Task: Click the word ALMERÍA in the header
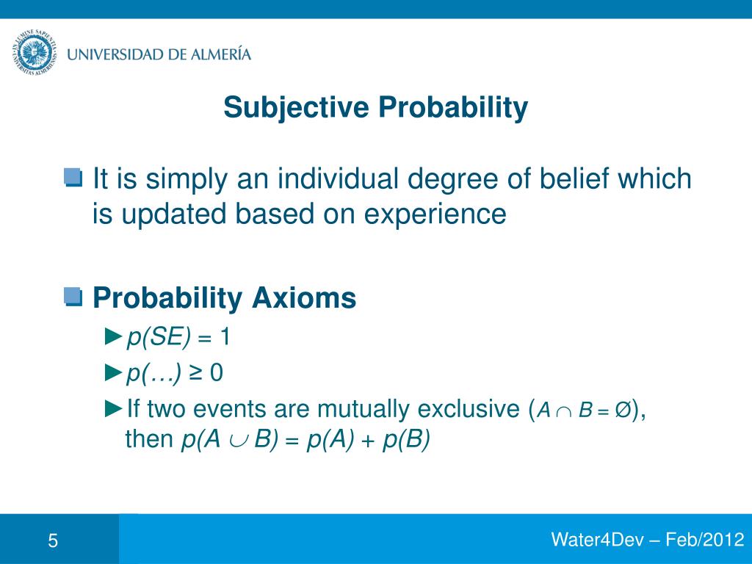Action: coord(218,54)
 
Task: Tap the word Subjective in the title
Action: coord(297,108)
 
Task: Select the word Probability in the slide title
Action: coord(453,108)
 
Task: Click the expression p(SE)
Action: coord(159,337)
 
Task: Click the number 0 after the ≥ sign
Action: coord(217,374)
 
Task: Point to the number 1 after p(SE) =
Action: coord(225,337)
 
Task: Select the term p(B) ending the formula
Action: coord(406,440)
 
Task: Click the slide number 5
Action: coord(53,542)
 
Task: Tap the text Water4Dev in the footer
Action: coord(596,540)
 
